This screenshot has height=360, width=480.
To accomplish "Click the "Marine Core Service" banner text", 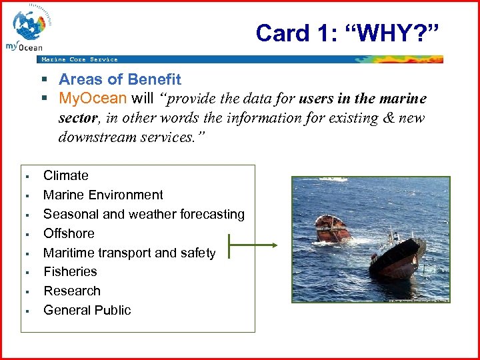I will click(79, 59).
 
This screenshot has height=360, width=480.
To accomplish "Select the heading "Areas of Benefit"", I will click(119, 79).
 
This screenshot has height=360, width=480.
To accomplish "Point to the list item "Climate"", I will click(65, 175).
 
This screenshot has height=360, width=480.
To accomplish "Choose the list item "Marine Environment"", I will click(103, 195).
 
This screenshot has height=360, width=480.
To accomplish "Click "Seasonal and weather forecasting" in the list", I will click(143, 214).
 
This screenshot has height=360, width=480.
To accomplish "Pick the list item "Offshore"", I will click(69, 233).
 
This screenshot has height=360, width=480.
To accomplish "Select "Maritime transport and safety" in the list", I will click(129, 253).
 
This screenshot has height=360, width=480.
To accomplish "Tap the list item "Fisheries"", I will click(70, 271).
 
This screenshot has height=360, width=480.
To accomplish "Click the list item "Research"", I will click(71, 291).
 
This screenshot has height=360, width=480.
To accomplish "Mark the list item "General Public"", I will click(87, 310).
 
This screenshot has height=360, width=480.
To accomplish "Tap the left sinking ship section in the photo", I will click(333, 229).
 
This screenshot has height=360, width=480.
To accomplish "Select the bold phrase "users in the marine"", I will click(363, 99).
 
